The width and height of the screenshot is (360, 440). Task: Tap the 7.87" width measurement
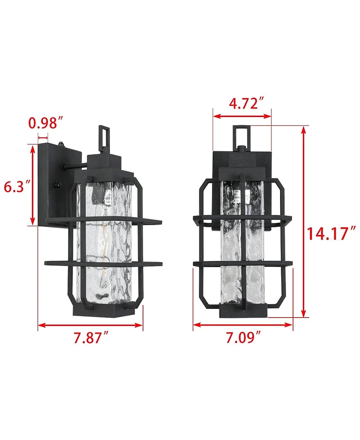pos(90,337)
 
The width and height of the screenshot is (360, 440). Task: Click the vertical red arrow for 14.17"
pos(304,221)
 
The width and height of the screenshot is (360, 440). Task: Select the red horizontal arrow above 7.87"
pos(90,324)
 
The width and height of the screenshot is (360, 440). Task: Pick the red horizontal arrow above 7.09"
pos(243,324)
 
